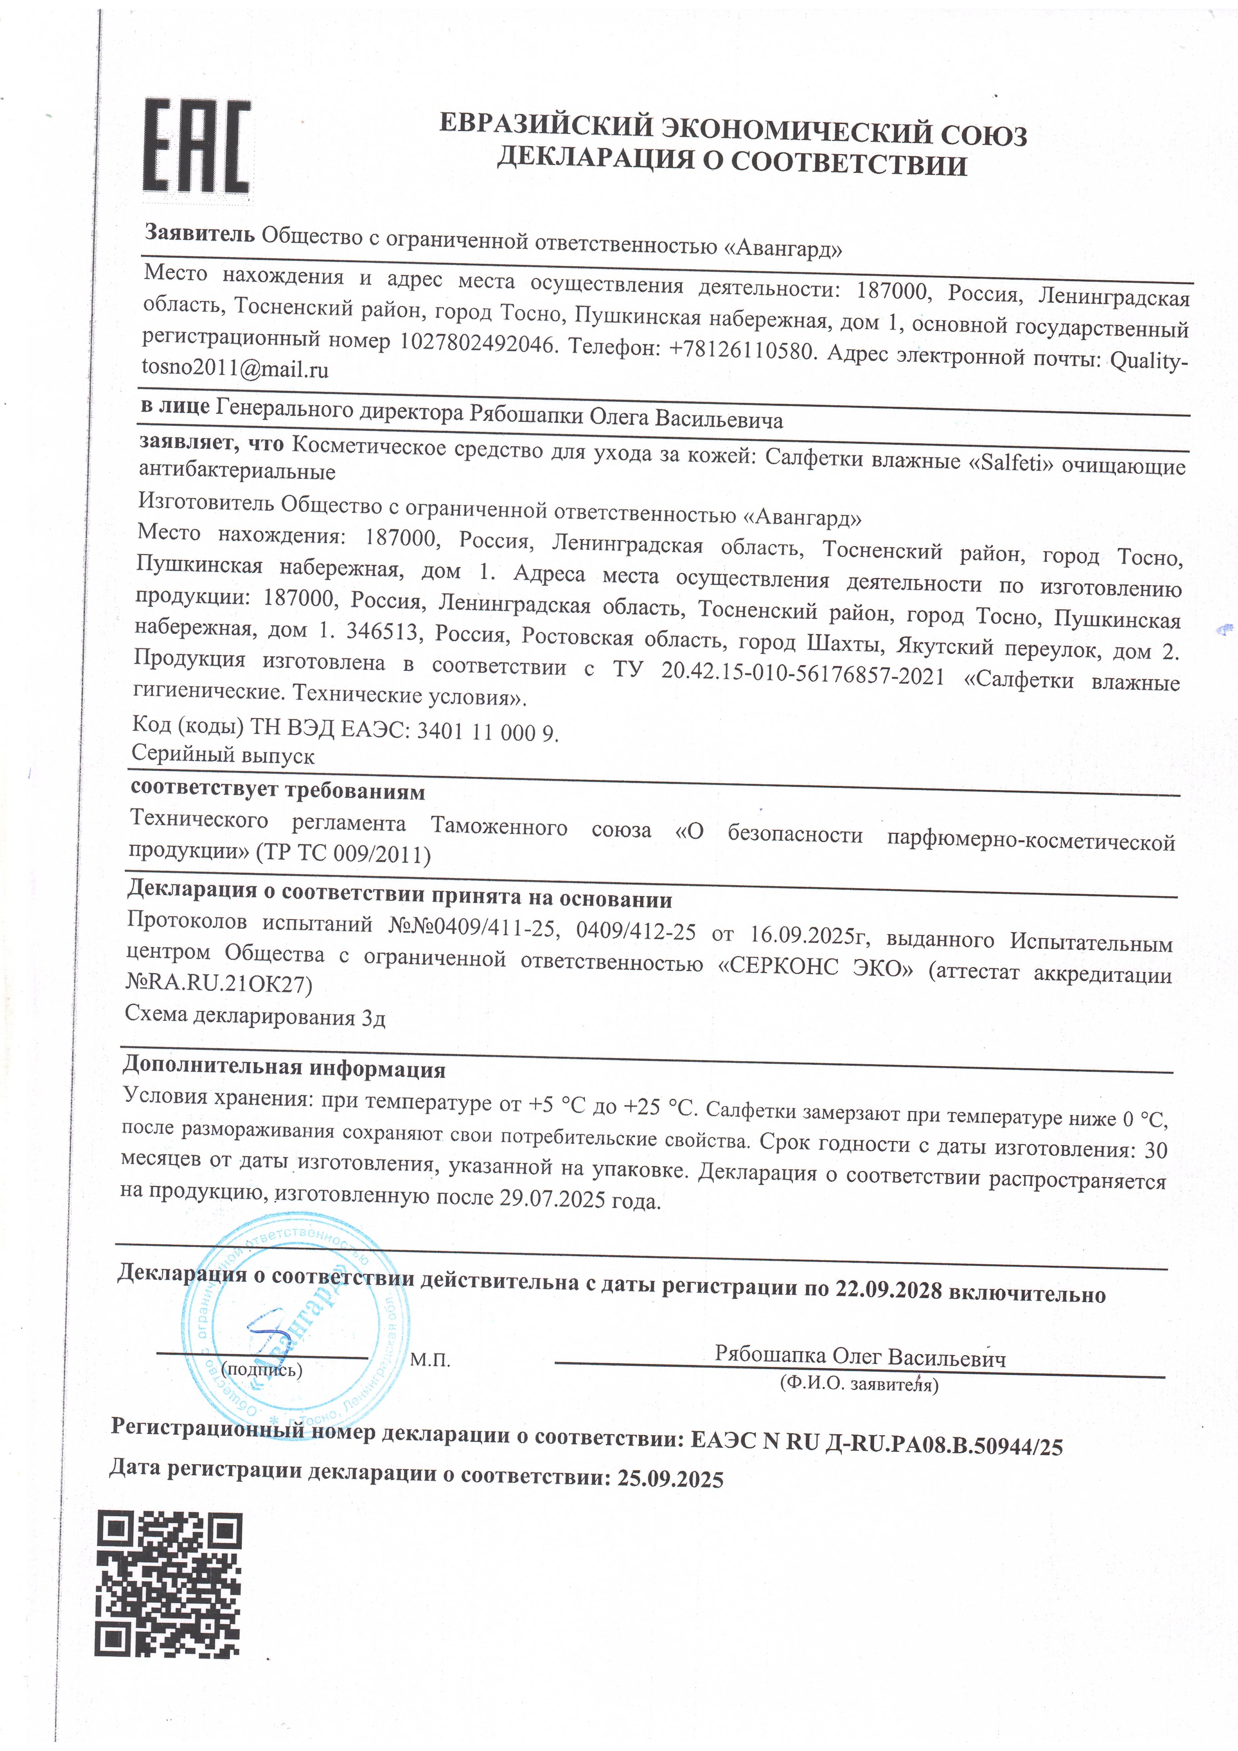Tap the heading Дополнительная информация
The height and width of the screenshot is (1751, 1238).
tap(283, 1066)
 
